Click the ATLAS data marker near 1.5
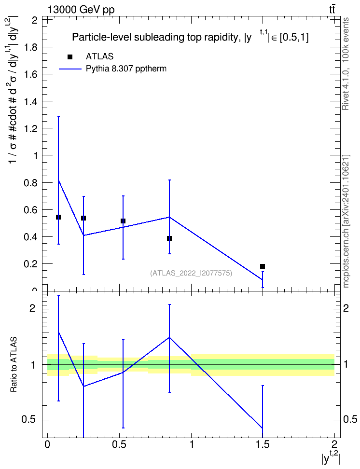[263, 266]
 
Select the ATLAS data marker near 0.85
[169, 238]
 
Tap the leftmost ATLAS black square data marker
[58, 217]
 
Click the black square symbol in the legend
[70, 56]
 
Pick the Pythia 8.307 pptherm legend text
[126, 69]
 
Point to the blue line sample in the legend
[70, 69]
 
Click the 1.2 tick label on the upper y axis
[30, 129]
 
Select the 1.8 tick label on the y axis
[30, 47]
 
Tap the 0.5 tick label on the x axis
[119, 444]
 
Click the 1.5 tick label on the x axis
[263, 444]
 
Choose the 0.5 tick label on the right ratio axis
[350, 419]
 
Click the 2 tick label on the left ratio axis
[32, 308]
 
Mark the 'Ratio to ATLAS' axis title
[14, 365]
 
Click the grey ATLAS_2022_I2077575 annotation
[191, 273]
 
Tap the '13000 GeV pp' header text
[81, 10]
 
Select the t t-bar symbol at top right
[332, 9]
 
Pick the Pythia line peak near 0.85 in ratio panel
[169, 337]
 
